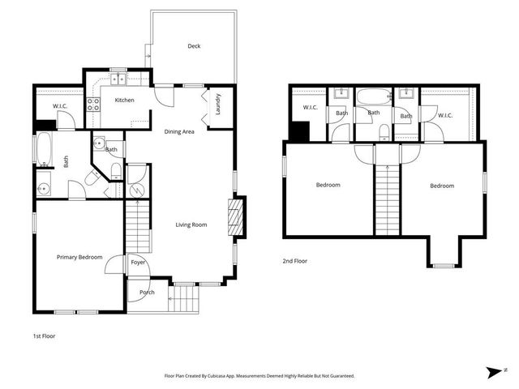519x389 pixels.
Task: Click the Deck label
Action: click(194, 46)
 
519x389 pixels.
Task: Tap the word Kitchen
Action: click(124, 100)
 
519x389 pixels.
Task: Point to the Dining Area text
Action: click(179, 131)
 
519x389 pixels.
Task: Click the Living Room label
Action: click(192, 224)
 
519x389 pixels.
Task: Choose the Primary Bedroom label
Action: click(79, 257)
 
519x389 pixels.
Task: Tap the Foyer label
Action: click(138, 263)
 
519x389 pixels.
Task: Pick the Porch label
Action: click(147, 293)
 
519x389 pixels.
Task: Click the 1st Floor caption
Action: click(44, 335)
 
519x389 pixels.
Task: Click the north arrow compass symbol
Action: click(494, 372)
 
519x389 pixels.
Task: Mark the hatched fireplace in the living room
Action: click(235, 217)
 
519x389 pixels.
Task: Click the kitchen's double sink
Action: click(119, 79)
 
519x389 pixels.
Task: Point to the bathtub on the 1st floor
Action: click(43, 151)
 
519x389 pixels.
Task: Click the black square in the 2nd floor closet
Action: click(299, 130)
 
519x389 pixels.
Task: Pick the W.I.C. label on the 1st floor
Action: click(59, 105)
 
